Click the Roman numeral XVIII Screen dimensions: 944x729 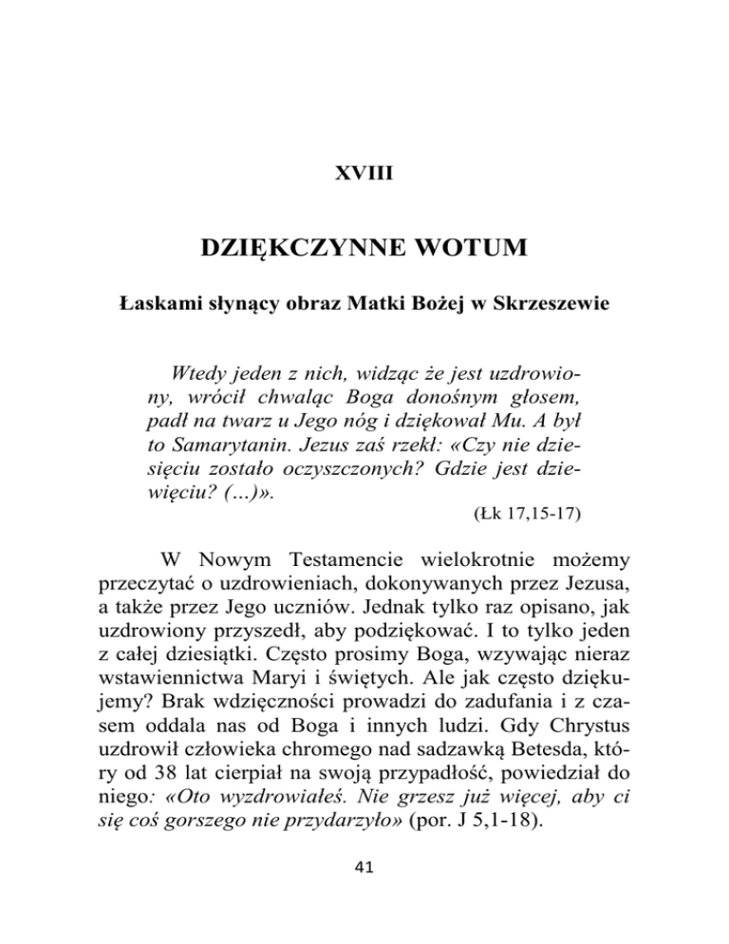coord(364,177)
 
